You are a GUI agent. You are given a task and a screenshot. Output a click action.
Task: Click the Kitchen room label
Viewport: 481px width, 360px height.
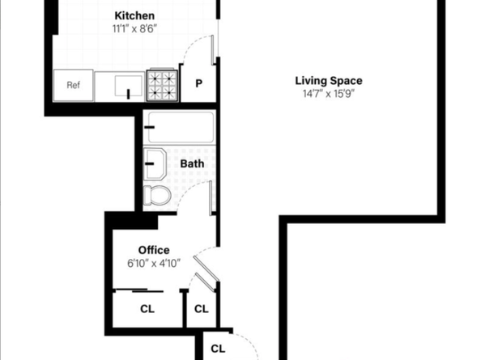pos(134,16)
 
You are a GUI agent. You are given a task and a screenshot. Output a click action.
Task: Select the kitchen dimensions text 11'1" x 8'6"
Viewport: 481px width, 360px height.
pos(134,28)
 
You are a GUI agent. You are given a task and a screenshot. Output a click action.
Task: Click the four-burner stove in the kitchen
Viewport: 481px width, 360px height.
pos(162,84)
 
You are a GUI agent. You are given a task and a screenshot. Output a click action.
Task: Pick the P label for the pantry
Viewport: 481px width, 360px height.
pos(198,84)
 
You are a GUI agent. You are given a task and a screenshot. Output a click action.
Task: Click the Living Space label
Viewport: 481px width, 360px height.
pos(328,80)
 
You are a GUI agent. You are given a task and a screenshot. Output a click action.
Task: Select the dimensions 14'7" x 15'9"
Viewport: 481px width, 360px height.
pos(328,93)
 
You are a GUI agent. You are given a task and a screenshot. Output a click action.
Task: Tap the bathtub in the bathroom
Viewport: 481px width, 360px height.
pos(180,128)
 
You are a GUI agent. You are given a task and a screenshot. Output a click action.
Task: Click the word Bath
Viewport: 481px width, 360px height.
pos(192,163)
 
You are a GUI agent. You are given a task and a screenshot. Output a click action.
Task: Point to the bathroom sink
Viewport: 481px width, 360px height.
pos(155,164)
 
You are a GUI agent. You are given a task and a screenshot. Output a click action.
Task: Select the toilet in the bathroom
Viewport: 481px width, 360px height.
pos(156,195)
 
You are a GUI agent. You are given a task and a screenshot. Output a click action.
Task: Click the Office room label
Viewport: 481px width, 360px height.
pos(153,250)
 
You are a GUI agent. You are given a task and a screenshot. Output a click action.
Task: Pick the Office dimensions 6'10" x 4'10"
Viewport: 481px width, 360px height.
pos(153,263)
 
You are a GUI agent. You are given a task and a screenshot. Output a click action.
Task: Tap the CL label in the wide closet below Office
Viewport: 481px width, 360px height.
pos(147,308)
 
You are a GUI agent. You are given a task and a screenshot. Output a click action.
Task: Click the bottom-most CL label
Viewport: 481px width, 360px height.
pos(217,349)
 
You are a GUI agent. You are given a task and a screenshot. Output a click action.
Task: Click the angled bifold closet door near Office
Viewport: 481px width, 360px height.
pos(207,273)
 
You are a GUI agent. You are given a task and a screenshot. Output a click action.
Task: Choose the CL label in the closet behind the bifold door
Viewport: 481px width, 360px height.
pos(202,308)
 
